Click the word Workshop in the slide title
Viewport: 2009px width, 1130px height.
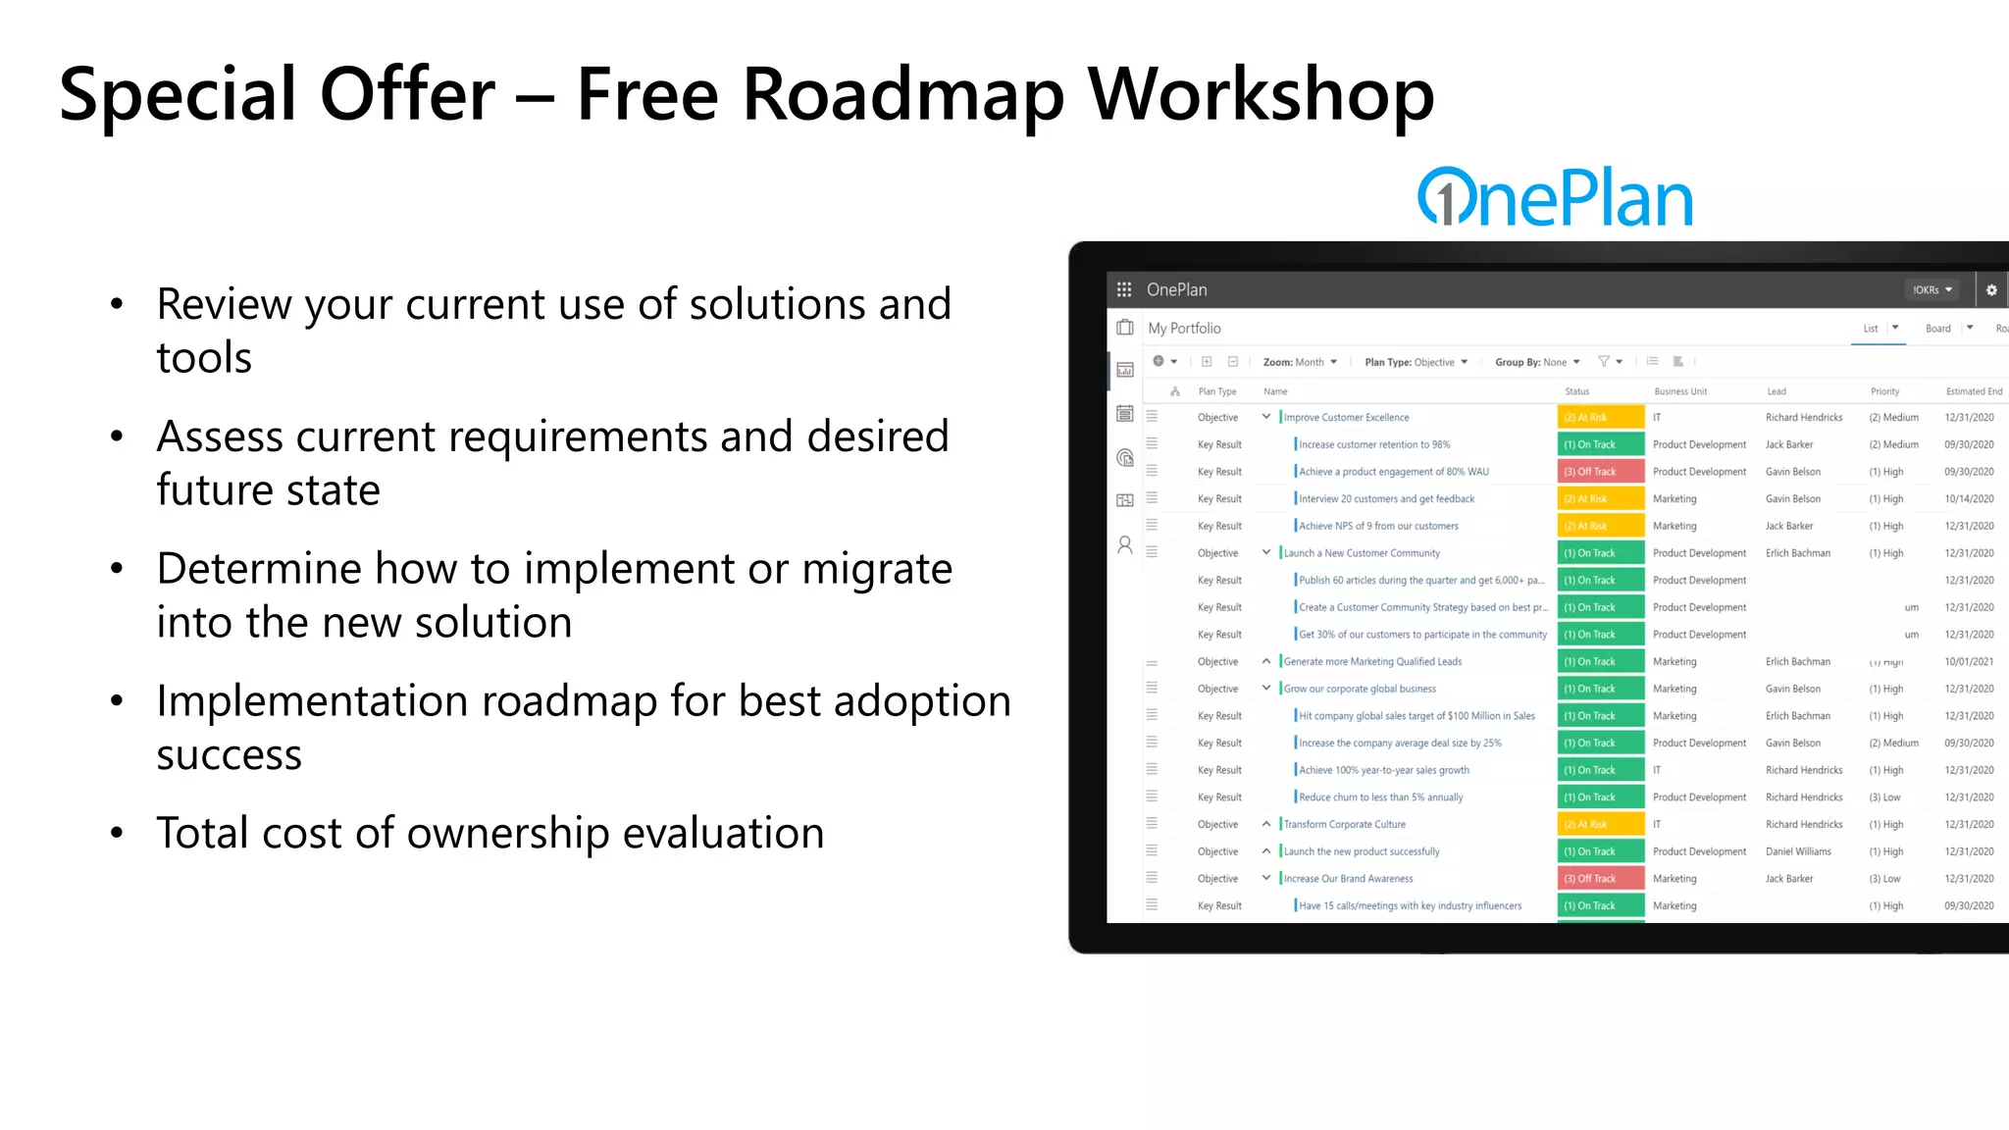(x=1261, y=95)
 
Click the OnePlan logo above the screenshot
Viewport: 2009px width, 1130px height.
(x=1555, y=198)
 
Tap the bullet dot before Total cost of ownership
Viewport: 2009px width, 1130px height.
(x=117, y=834)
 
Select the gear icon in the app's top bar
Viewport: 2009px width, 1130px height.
(x=1991, y=290)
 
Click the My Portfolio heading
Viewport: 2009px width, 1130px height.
(x=1184, y=329)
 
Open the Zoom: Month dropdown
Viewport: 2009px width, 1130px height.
(x=1300, y=362)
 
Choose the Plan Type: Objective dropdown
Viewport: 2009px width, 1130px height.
(x=1416, y=362)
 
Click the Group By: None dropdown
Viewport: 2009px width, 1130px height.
(x=1536, y=362)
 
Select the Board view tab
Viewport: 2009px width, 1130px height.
(x=1937, y=329)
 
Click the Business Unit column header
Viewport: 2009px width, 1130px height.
(x=1680, y=391)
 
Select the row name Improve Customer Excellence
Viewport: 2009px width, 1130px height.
(x=1346, y=418)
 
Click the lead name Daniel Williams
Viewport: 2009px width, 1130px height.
(x=1798, y=851)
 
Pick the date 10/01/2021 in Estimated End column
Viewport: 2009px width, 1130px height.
(x=1969, y=662)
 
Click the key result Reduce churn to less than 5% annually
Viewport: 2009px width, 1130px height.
(x=1380, y=797)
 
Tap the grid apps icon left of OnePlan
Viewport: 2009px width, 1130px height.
(x=1124, y=290)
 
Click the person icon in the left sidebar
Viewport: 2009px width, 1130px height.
(x=1125, y=545)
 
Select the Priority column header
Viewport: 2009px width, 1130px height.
(x=1884, y=391)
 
